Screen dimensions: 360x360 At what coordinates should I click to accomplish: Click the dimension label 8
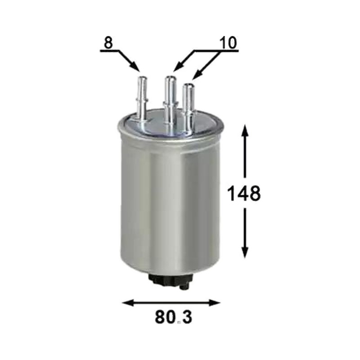click(108, 42)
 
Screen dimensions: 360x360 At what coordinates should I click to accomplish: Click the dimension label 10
click(228, 43)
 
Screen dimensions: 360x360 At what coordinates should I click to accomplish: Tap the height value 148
click(244, 193)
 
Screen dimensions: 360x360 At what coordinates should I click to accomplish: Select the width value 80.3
click(173, 317)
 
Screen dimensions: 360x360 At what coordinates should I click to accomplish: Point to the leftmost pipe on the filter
click(142, 99)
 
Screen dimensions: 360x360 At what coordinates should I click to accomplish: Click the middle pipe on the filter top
click(170, 101)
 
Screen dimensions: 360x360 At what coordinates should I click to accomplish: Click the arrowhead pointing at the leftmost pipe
click(135, 66)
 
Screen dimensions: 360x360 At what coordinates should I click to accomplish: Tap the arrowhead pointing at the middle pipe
click(178, 67)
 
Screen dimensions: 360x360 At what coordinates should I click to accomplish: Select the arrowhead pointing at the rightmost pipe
click(197, 75)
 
